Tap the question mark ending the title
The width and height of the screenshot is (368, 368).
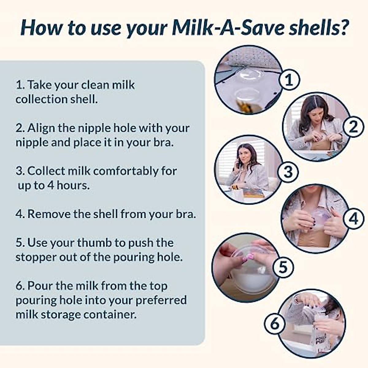[x=343, y=27]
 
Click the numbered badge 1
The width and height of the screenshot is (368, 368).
[x=289, y=80]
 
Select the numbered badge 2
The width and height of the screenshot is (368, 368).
[x=353, y=126]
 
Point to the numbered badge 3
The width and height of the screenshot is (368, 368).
[x=288, y=172]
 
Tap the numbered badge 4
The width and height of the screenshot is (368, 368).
[x=354, y=219]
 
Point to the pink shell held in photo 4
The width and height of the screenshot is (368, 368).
[x=319, y=216]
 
